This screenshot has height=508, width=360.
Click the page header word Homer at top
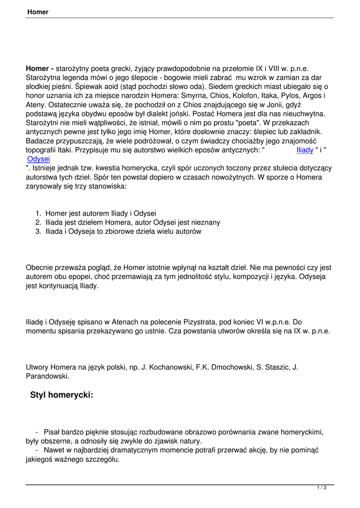(38, 12)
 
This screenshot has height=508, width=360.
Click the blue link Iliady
(304, 150)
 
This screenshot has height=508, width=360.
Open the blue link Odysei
(39, 159)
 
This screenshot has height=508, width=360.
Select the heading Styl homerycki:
(62, 395)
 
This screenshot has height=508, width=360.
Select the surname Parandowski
(47, 376)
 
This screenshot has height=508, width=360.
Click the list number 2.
(38, 222)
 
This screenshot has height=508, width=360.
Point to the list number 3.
(38, 231)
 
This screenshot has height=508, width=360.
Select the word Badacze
(41, 141)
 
